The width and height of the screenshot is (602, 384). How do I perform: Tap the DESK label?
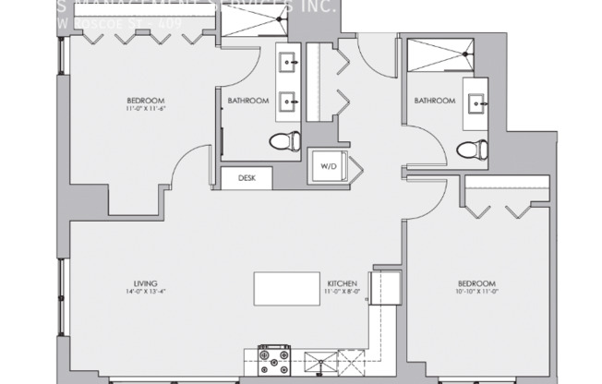click(x=247, y=178)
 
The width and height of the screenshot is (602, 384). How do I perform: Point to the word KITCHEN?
click(x=335, y=282)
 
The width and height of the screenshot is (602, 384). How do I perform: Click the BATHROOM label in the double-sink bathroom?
click(x=247, y=101)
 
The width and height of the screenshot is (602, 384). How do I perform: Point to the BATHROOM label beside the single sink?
click(x=434, y=101)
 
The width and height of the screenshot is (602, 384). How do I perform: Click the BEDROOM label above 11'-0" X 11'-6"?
click(x=146, y=100)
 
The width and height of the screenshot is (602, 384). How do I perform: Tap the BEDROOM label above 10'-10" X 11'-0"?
click(x=477, y=282)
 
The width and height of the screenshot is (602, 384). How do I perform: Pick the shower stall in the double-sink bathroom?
click(x=251, y=31)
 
